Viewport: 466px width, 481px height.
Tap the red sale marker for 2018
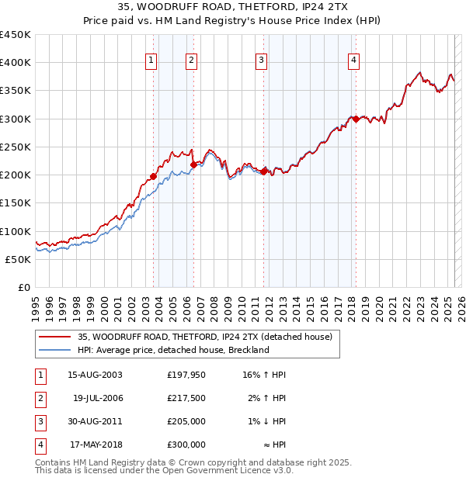[356, 119]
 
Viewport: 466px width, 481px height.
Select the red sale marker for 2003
[154, 176]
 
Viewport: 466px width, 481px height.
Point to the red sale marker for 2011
[264, 171]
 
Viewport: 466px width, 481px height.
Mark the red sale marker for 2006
[193, 164]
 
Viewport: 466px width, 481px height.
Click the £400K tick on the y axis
[16, 63]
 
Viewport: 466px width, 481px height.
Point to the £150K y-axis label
[16, 203]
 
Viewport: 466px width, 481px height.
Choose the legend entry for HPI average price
[172, 350]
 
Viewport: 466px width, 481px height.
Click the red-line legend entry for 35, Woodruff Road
[205, 337]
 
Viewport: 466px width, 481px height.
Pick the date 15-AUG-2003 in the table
[96, 375]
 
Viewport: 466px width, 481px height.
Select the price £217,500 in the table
[186, 398]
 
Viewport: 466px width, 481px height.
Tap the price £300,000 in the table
[186, 445]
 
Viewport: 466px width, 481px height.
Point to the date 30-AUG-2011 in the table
[96, 421]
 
